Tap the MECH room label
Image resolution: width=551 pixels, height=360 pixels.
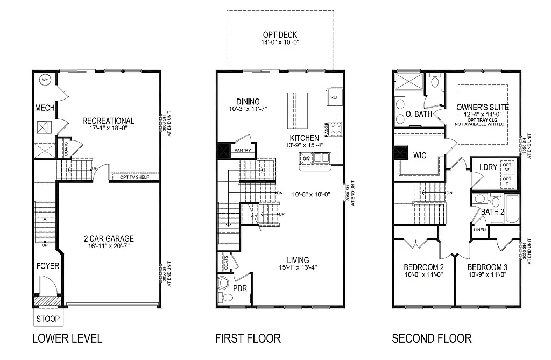45,108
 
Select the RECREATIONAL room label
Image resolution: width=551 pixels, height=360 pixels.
108,121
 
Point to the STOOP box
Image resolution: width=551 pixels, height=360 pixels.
48,319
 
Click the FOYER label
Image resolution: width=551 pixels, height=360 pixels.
47,266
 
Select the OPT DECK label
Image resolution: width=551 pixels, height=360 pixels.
280,36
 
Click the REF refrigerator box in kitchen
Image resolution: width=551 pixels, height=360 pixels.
334,97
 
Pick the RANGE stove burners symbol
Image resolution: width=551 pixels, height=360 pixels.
336,129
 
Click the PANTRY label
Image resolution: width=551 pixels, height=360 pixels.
242,150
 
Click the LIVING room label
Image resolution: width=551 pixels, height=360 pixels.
298,260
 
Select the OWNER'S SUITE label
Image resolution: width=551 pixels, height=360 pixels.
483,107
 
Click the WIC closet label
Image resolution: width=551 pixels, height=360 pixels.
420,156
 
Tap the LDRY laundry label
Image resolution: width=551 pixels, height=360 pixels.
488,167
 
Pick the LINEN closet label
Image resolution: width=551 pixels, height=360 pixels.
480,230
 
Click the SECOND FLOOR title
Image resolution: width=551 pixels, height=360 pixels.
432,338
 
